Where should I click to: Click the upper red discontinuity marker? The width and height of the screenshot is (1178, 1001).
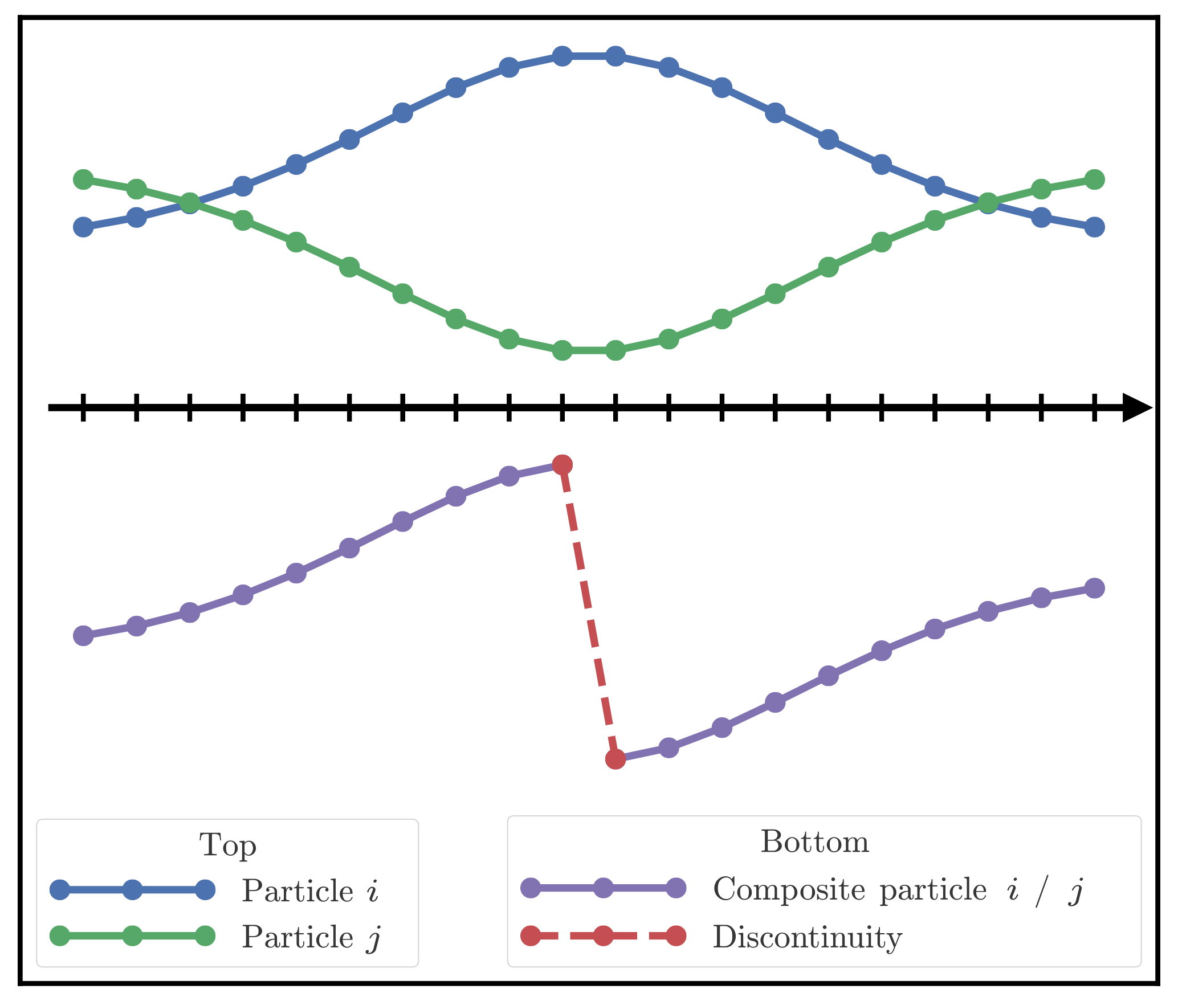(x=562, y=464)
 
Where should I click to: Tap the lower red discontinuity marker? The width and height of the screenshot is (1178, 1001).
(x=616, y=759)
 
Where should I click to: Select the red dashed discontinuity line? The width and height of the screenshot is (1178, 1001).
(x=589, y=612)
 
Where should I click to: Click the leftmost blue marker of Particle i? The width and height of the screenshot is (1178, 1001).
(x=83, y=227)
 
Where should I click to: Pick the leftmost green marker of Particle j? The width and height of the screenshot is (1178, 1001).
(x=83, y=179)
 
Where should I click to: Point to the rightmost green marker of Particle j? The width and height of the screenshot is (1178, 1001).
(x=1094, y=179)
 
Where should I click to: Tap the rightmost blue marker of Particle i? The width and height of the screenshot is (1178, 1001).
(x=1094, y=227)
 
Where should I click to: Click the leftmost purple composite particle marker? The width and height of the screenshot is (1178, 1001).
(x=83, y=635)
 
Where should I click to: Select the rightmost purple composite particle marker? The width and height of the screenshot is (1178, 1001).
(x=1094, y=587)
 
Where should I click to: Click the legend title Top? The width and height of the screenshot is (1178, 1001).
(x=227, y=845)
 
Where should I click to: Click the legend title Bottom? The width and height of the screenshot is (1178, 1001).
(x=814, y=841)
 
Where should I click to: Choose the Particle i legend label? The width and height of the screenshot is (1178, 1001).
(x=310, y=890)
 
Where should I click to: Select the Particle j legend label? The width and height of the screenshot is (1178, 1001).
(x=311, y=937)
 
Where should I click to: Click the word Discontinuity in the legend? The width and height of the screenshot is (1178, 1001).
(x=807, y=937)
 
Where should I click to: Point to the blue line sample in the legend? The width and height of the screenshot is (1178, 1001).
(x=132, y=889)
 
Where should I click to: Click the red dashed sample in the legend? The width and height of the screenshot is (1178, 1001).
(x=603, y=936)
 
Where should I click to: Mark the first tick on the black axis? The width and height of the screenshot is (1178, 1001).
(x=83, y=407)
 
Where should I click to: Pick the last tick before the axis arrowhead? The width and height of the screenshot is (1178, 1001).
(x=1094, y=407)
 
